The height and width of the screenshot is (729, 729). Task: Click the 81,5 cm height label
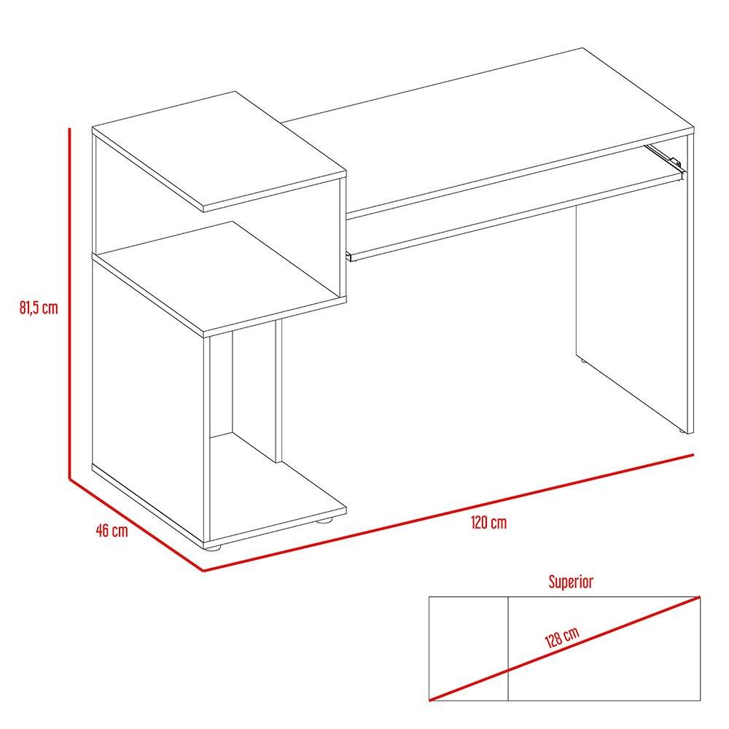39,308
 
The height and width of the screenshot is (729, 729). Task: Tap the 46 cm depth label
112,530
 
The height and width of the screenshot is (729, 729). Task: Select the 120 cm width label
488,523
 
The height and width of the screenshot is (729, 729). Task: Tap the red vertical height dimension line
69,306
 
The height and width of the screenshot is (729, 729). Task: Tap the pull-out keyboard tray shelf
510,211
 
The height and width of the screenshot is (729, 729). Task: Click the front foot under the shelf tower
214,546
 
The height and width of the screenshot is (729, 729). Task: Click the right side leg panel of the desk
631,306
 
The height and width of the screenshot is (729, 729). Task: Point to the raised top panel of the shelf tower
219,149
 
